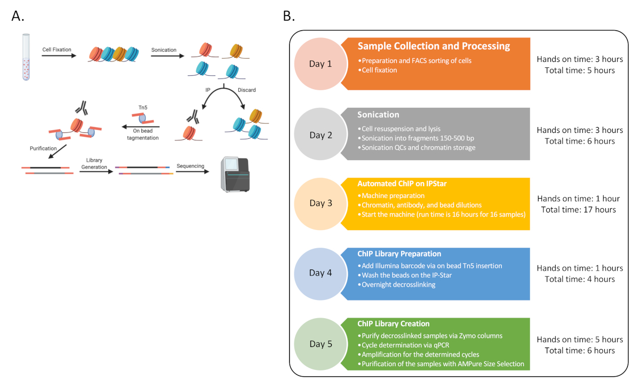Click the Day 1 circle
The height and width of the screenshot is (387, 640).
[321, 64]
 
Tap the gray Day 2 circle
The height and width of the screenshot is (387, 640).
[321, 135]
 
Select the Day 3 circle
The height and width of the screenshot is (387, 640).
[321, 203]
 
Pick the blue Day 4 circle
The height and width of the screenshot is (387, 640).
[321, 273]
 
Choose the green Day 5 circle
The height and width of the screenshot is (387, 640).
[321, 344]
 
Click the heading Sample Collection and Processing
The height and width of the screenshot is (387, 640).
[434, 46]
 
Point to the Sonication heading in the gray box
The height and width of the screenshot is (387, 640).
[378, 115]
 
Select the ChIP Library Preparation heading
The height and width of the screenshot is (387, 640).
[399, 254]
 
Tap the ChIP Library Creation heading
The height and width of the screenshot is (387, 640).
[394, 323]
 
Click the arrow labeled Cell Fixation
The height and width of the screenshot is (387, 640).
[57, 55]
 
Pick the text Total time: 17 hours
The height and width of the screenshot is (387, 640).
[578, 210]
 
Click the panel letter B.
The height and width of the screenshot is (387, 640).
[289, 17]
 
